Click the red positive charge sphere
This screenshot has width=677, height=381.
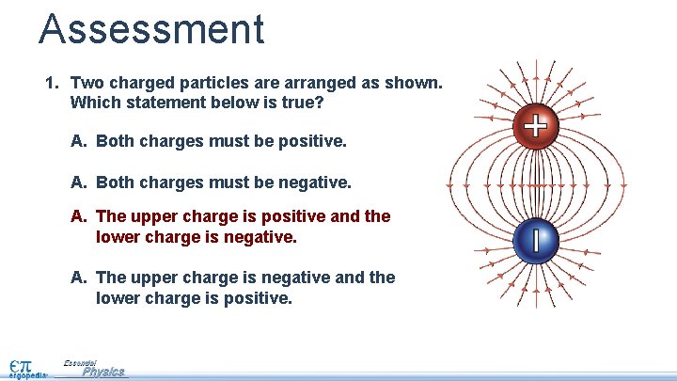pyautogui.click(x=535, y=127)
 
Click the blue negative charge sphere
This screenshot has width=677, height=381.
pyautogui.click(x=535, y=241)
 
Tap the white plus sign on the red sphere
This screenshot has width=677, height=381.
pyautogui.click(x=535, y=126)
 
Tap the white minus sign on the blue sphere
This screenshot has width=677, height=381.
pyautogui.click(x=535, y=241)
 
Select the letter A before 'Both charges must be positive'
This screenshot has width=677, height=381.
pyautogui.click(x=78, y=141)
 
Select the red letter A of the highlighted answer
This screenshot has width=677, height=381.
pyautogui.click(x=78, y=217)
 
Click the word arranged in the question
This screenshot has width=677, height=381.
pyautogui.click(x=313, y=83)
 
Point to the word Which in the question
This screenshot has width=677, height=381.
pyautogui.click(x=94, y=102)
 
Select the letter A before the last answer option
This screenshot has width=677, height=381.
pyautogui.click(x=78, y=278)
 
